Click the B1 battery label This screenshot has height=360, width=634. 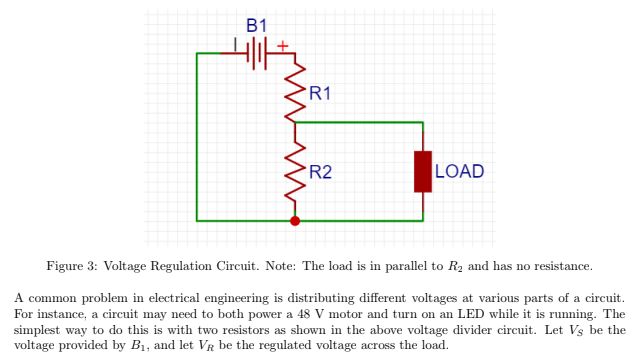tap(257, 25)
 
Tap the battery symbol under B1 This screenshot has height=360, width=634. tap(258, 53)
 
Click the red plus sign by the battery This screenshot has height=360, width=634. tap(283, 45)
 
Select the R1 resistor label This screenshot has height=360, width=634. tap(320, 94)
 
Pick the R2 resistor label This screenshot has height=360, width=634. tap(320, 172)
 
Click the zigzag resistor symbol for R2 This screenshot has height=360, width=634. tap(295, 170)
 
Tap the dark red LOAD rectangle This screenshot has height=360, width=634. tap(422, 171)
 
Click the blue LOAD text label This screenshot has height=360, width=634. tap(459, 172)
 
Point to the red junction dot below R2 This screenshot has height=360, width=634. tap(295, 220)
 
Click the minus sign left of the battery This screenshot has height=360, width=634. tap(235, 45)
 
